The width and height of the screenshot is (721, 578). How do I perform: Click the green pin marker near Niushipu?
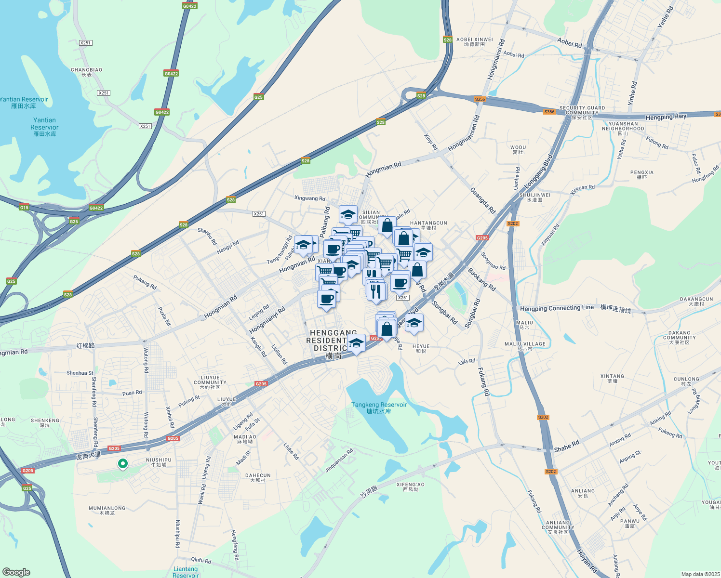(123, 464)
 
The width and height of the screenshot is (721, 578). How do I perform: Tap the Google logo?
(16, 572)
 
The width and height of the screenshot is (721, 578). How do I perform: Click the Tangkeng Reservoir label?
(379, 408)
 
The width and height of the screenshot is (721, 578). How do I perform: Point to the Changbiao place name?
(87, 72)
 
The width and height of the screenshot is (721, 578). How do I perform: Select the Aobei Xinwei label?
(475, 42)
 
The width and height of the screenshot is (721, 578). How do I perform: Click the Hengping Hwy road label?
(666, 117)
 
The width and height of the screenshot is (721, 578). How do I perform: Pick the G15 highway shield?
(24, 208)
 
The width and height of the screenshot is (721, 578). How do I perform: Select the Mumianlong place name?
(107, 510)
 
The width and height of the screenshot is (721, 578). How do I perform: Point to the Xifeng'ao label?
(411, 487)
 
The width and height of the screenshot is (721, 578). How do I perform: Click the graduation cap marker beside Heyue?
(414, 323)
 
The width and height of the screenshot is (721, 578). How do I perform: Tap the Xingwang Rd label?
(310, 198)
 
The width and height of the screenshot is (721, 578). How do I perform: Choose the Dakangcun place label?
(696, 302)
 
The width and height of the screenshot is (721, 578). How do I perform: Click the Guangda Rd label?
(482, 201)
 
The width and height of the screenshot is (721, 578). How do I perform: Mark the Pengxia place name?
(642, 174)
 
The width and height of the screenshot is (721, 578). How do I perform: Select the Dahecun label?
(258, 477)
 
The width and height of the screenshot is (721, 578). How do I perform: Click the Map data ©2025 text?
(699, 574)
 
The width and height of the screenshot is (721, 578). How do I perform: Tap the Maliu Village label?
(525, 346)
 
